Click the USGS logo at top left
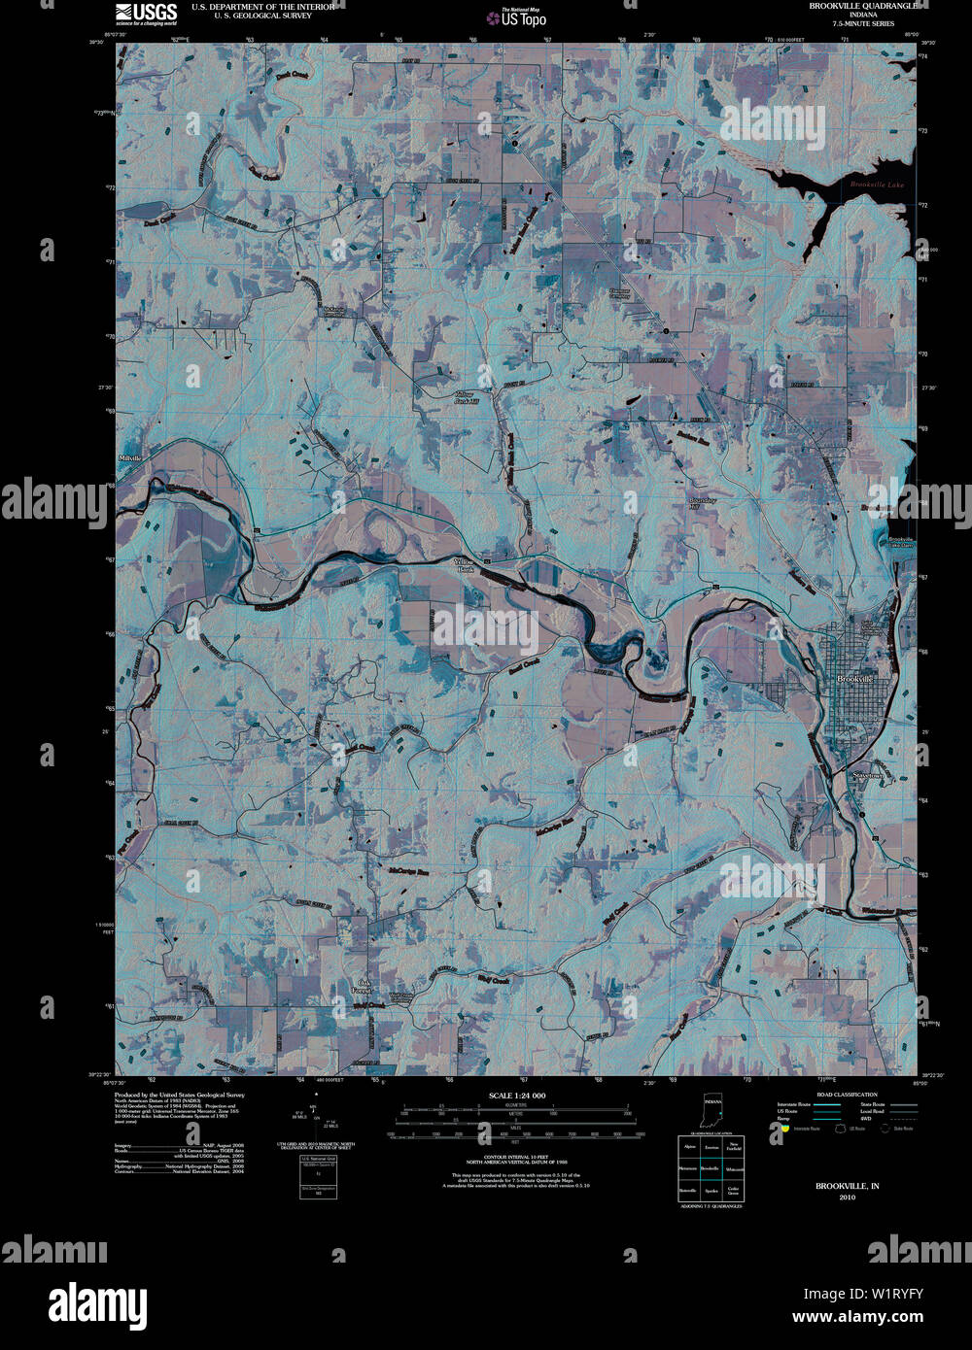pyautogui.click(x=146, y=12)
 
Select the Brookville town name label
pyautogui.click(x=856, y=679)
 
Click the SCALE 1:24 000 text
pyautogui.click(x=518, y=1096)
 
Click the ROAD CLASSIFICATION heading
pyautogui.click(x=833, y=1095)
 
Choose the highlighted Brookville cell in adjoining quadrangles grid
pyautogui.click(x=711, y=1167)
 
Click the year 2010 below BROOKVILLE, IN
pyautogui.click(x=834, y=1197)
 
